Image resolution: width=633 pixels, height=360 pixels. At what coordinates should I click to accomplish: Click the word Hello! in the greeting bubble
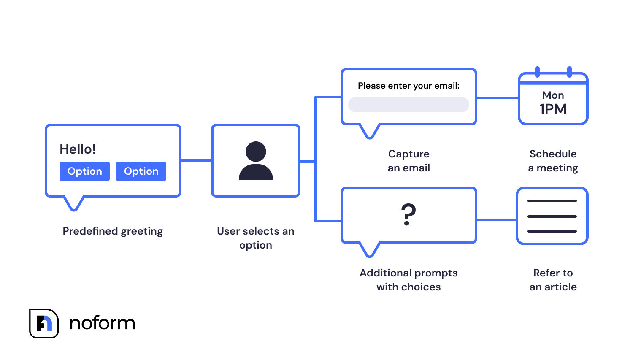(78, 149)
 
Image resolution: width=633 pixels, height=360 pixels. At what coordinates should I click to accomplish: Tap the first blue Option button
(84, 171)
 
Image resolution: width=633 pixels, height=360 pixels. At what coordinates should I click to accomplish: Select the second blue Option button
(141, 171)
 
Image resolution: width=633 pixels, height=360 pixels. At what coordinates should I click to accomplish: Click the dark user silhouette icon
(256, 161)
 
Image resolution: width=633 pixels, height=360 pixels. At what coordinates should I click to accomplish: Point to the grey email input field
(408, 105)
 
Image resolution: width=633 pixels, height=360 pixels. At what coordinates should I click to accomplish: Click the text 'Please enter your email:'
(408, 86)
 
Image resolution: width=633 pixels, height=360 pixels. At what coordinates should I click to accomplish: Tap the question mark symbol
(408, 214)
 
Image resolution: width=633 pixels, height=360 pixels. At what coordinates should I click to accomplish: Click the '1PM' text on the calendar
(553, 109)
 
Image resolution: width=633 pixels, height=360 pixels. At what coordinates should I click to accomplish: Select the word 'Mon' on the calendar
(553, 95)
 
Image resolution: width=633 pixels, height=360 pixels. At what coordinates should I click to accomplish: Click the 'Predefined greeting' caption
(113, 231)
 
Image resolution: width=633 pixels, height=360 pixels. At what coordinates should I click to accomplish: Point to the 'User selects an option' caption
(256, 238)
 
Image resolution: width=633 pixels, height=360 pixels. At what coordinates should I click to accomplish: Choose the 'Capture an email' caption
(408, 161)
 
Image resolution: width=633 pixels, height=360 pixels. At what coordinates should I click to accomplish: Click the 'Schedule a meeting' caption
(553, 161)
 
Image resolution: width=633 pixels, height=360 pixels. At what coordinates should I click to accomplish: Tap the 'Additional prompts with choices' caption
(408, 280)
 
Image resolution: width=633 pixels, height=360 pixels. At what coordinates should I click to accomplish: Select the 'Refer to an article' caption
(553, 280)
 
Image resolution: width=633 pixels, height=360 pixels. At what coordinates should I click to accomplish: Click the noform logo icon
(44, 323)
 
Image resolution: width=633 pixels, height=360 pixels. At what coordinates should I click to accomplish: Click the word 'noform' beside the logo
(102, 323)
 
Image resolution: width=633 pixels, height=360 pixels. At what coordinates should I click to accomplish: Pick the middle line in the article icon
(552, 217)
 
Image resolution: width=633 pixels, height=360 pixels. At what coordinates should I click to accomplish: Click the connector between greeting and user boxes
(196, 160)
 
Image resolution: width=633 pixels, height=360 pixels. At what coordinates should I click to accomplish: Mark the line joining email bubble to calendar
(497, 98)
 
